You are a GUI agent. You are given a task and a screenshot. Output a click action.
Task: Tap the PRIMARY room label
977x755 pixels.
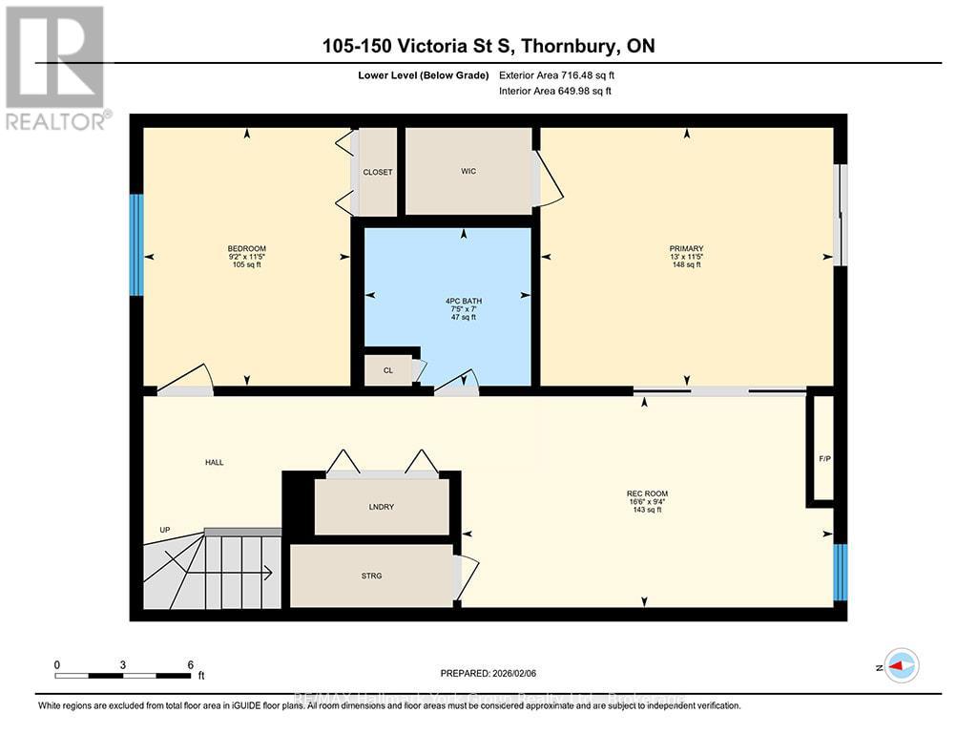[686, 248]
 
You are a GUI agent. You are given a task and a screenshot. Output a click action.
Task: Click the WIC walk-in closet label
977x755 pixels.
[468, 172]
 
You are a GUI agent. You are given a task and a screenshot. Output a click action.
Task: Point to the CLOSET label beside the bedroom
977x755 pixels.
[378, 173]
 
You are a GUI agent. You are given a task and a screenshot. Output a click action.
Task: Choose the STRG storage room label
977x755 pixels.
[372, 576]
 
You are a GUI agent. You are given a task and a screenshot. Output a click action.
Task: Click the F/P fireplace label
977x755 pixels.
[824, 458]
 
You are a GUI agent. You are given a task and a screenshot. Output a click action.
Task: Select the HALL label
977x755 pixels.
[214, 462]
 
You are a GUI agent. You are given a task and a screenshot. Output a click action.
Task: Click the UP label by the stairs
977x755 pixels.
[165, 530]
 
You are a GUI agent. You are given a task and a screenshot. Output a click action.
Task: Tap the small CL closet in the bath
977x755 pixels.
[388, 370]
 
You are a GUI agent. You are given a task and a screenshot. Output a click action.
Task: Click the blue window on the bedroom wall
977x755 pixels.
[136, 244]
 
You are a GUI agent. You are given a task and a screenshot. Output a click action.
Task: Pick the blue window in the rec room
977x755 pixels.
[840, 572]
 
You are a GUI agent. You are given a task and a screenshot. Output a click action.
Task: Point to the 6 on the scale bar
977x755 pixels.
[190, 664]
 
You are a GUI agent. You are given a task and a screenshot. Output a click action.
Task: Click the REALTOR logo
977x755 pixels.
[55, 67]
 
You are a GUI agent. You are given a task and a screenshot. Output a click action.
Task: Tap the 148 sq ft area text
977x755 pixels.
[686, 265]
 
